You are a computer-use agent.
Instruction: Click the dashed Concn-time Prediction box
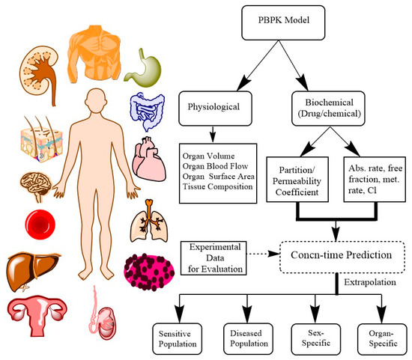point(345,254)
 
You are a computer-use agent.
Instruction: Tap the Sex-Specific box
point(312,335)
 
